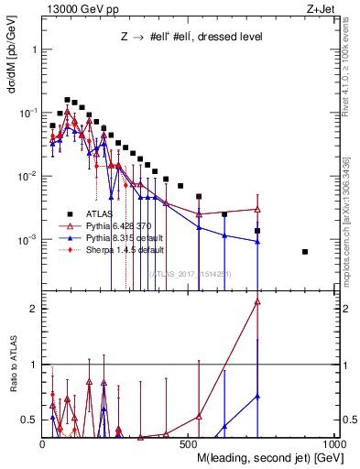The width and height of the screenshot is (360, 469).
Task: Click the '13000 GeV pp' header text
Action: click(x=73, y=8)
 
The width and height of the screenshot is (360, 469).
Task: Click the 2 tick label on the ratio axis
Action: click(x=34, y=309)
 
